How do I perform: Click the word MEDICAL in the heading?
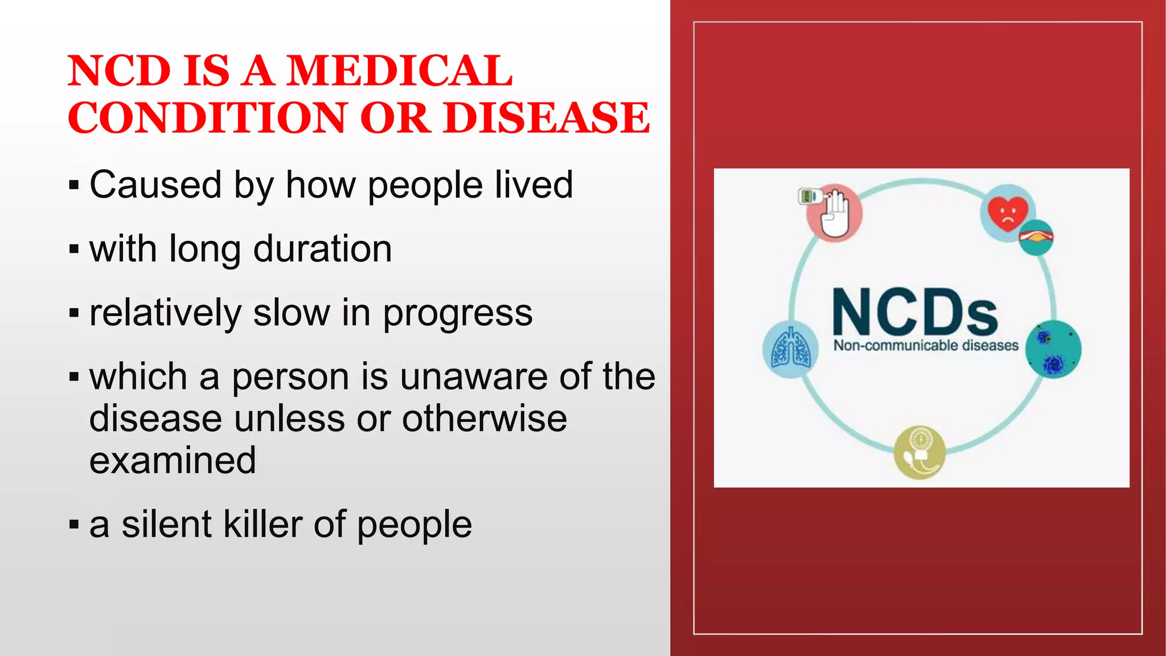click(x=399, y=71)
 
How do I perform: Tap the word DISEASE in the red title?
click(x=547, y=118)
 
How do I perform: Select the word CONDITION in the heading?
click(x=208, y=118)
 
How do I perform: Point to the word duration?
click(x=322, y=249)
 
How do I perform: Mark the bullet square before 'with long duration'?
click(x=73, y=249)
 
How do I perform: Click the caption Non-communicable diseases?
click(x=926, y=345)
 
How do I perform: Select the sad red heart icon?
click(x=1007, y=212)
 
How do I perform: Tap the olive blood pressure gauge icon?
click(x=919, y=453)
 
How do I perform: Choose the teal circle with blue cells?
click(x=1053, y=349)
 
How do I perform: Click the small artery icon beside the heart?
click(x=1036, y=237)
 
